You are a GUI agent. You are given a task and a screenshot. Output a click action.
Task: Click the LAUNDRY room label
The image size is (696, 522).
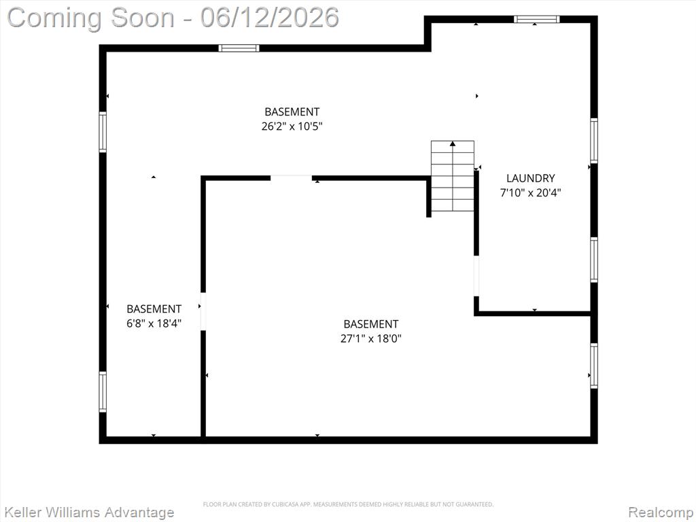pos(530,178)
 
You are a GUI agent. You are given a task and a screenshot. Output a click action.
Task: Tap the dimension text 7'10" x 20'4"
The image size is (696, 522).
pos(530,192)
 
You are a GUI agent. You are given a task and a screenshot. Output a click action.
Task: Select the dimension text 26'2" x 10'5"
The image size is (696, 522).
pos(292,126)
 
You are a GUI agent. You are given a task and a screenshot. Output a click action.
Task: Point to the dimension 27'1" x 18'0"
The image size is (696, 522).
pos(370,338)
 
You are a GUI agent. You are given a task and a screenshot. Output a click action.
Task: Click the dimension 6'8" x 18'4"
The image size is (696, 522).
pos(154,323)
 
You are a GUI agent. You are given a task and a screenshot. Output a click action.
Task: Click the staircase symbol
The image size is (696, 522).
pos(453,176)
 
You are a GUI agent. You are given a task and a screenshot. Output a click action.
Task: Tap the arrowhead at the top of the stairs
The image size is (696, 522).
pos(453,143)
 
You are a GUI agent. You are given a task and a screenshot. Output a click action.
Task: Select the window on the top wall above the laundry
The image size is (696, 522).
pos(536,18)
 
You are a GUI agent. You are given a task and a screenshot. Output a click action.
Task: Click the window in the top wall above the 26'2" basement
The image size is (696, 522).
pos(239,48)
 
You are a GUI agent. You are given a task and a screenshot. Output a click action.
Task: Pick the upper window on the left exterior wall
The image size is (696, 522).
pos(103,132)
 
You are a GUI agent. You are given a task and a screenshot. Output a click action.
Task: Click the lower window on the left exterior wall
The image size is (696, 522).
pos(103,391)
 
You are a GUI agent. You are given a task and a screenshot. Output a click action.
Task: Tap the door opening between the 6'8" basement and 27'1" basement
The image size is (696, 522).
pos(203,311)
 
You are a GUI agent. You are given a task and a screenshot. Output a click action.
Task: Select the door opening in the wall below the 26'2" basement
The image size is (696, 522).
pos(291,178)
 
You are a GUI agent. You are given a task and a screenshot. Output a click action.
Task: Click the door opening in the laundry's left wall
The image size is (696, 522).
pos(476,276)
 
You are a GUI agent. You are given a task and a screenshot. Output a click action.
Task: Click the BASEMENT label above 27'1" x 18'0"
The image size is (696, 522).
pos(370,324)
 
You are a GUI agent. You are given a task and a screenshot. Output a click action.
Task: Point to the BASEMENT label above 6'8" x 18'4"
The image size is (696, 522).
pos(154,309)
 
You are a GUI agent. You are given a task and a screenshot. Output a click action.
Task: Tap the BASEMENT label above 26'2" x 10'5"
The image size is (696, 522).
pos(292,111)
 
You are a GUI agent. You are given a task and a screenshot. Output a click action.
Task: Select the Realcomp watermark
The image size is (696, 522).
pos(661,512)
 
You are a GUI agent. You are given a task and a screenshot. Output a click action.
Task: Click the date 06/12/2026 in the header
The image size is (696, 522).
pos(269,17)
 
